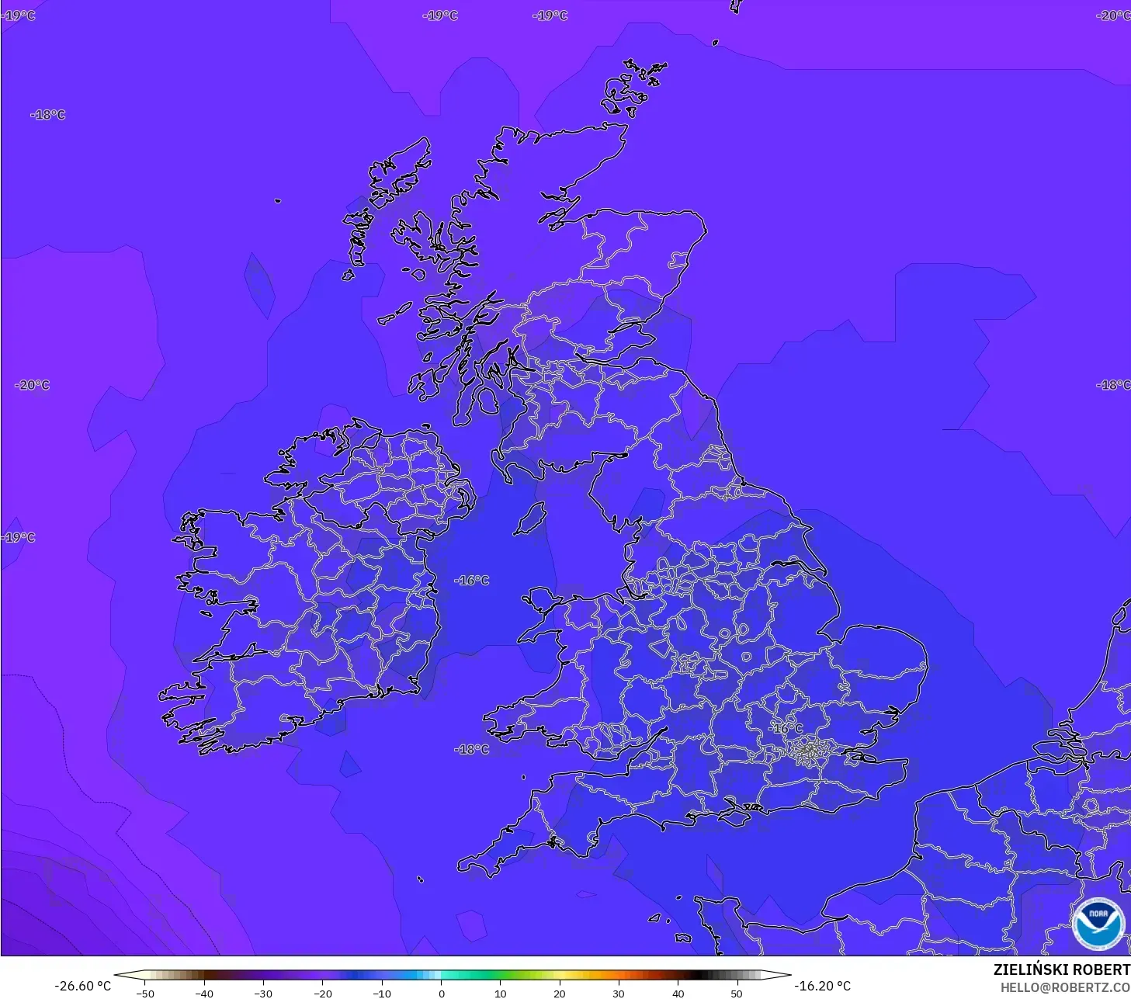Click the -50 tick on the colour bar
tap(145, 993)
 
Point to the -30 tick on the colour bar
tap(263, 993)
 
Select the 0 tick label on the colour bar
tap(441, 993)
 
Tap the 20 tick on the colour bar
tap(559, 993)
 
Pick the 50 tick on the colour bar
tap(737, 993)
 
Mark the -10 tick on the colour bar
tap(382, 993)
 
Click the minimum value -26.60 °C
tap(82, 986)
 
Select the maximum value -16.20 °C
tap(822, 986)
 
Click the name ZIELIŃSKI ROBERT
tap(1061, 970)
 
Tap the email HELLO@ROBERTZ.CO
tap(1064, 987)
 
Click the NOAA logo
tap(1098, 923)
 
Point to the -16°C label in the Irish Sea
tap(472, 581)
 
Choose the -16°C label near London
tap(786, 728)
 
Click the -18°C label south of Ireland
tap(472, 749)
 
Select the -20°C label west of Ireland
tap(33, 385)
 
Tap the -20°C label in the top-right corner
tap(1113, 16)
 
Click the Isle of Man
tap(531, 519)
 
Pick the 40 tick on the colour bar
tap(678, 993)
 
